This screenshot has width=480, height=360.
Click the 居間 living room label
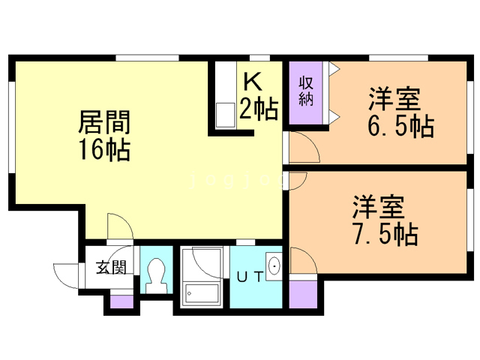104,121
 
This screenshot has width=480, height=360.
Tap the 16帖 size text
105,150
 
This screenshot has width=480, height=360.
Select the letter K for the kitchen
253,82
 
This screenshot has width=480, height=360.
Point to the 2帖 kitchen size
259,108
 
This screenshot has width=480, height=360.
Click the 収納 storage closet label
306,91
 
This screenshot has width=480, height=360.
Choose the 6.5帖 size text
400,126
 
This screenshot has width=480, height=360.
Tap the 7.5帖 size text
385,234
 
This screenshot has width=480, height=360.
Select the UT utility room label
250,277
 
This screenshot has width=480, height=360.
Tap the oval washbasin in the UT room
274,265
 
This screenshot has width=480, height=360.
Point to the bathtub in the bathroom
201,295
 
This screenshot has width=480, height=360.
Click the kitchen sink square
226,115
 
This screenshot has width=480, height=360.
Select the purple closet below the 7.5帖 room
303,295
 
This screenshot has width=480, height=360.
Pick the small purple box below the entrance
121,301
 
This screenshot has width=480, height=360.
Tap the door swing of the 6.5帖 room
309,144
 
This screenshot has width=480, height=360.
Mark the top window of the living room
147,58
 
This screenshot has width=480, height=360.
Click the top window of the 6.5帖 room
398,58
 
